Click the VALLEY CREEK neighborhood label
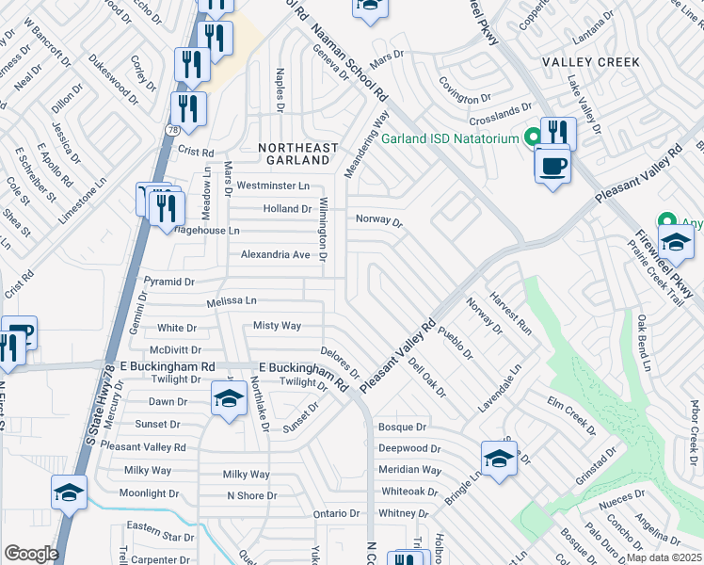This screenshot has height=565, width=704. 591,62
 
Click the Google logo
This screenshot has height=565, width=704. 31,554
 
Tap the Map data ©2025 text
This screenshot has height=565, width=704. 664,557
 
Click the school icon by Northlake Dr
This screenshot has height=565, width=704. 227,400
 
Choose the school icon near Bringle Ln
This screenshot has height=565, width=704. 499,459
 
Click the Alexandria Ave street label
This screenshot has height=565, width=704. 276,255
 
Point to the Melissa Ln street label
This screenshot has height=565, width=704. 232,301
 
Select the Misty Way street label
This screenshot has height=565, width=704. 277,326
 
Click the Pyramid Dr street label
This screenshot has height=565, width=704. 168,282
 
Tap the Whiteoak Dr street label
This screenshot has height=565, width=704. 409,492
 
